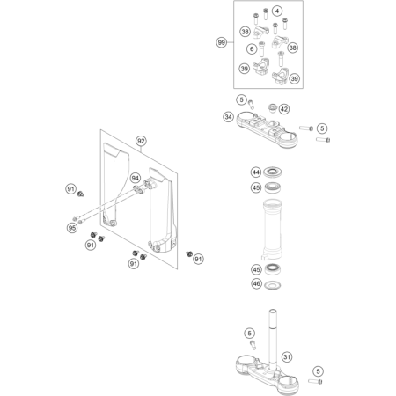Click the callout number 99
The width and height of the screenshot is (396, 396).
(222, 42)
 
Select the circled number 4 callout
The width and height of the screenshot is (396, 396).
(277, 11)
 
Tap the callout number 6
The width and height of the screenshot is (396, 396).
(252, 49)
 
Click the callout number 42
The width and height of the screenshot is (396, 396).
(283, 109)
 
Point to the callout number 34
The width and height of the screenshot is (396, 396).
(228, 117)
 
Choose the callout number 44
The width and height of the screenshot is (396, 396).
(256, 172)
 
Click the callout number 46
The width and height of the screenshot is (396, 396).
(257, 283)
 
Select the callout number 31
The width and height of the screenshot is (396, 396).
(287, 357)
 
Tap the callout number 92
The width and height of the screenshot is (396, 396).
(141, 141)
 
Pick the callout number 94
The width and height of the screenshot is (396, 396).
(135, 178)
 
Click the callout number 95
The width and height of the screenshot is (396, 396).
(72, 228)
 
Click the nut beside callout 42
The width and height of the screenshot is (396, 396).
(272, 108)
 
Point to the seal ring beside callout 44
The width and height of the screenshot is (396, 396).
(273, 172)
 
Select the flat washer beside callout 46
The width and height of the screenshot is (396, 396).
(273, 284)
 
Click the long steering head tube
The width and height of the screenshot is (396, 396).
(273, 229)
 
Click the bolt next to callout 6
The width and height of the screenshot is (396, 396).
(261, 49)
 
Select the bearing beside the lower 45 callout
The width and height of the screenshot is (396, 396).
(273, 269)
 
